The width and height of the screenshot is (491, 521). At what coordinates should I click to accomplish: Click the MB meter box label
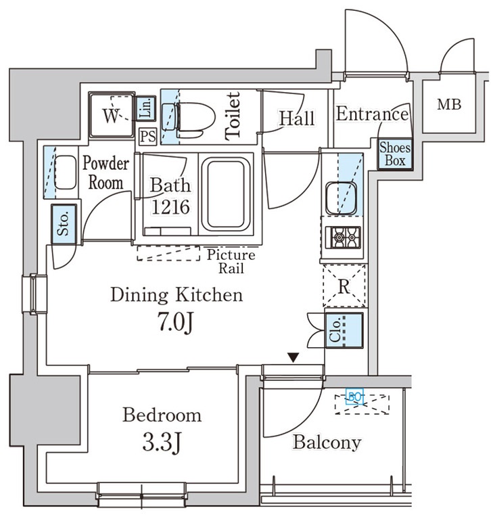click(449, 105)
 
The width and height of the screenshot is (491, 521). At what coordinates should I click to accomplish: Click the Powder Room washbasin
click(65, 173)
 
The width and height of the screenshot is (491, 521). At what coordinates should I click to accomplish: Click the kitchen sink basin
click(341, 197)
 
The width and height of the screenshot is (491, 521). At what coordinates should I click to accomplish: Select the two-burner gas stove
click(344, 237)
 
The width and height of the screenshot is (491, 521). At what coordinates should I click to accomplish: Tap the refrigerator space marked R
click(344, 286)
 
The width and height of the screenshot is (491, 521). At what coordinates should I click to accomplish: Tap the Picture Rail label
click(231, 262)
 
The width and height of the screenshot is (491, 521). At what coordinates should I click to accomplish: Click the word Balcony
click(327, 443)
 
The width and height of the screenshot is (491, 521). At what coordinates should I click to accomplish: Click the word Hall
click(298, 119)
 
